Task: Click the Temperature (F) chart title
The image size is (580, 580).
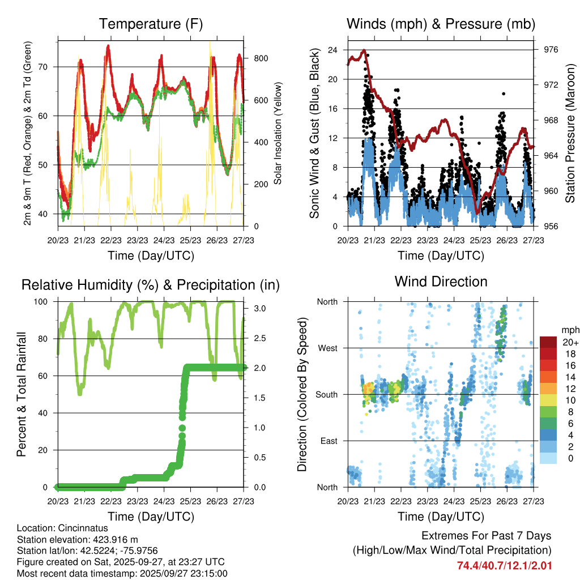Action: click(x=151, y=24)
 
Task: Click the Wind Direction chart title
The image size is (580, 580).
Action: click(x=441, y=281)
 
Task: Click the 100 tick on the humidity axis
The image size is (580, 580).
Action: click(x=46, y=302)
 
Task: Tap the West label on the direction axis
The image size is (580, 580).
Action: click(x=327, y=348)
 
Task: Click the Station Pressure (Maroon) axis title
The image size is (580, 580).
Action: click(x=570, y=133)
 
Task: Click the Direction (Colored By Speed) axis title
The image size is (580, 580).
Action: click(x=302, y=394)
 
